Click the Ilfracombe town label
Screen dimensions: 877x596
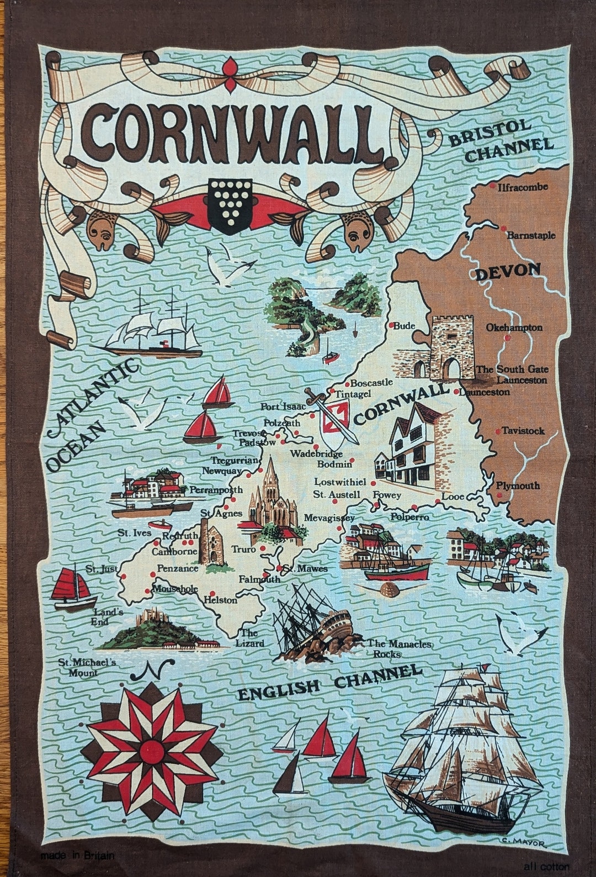click(x=522, y=187)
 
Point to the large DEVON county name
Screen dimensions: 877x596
click(x=508, y=271)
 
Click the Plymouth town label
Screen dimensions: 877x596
click(x=518, y=485)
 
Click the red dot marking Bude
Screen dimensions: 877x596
click(x=391, y=326)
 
